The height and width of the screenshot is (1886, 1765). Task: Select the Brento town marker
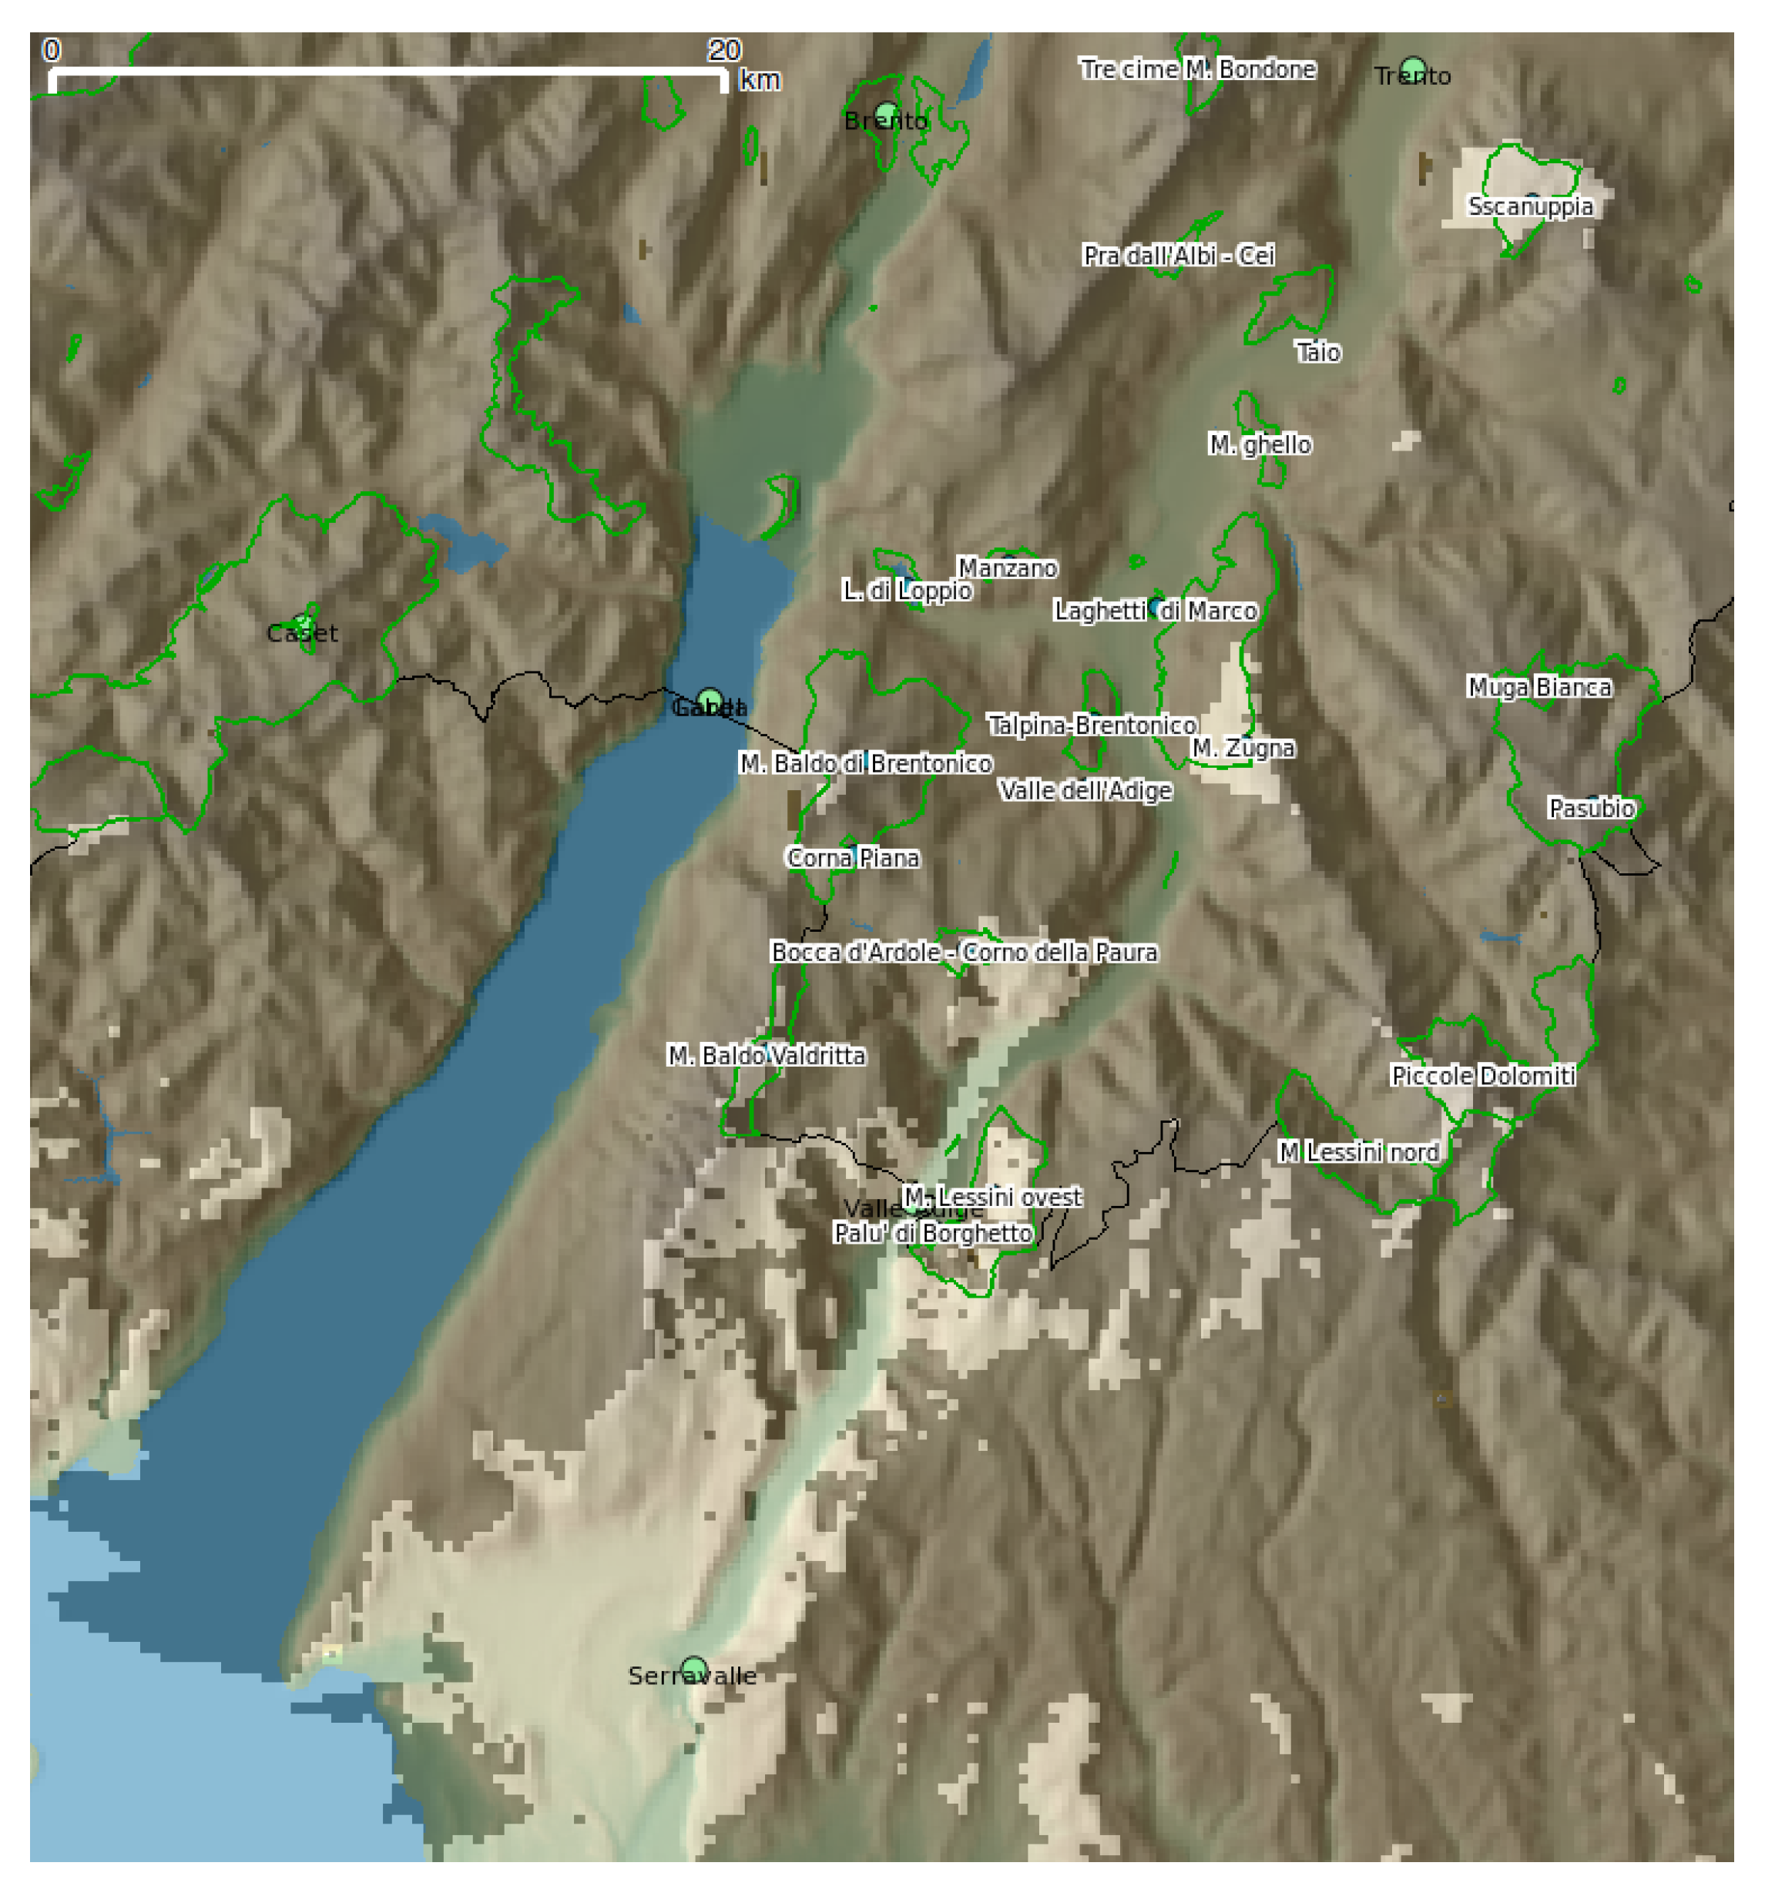(888, 114)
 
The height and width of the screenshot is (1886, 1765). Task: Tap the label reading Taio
(1318, 353)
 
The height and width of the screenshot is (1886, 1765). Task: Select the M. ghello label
(1260, 444)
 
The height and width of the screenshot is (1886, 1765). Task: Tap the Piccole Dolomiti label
(1483, 1076)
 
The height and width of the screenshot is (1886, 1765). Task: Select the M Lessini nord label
(1359, 1152)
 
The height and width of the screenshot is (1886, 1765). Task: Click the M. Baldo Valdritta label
(766, 1055)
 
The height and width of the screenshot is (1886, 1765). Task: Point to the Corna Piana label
(853, 858)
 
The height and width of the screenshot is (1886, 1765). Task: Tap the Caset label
(302, 633)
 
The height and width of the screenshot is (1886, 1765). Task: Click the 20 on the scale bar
(724, 50)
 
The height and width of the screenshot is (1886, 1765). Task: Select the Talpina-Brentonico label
(1092, 725)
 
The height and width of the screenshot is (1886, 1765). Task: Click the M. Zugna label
(1243, 748)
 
